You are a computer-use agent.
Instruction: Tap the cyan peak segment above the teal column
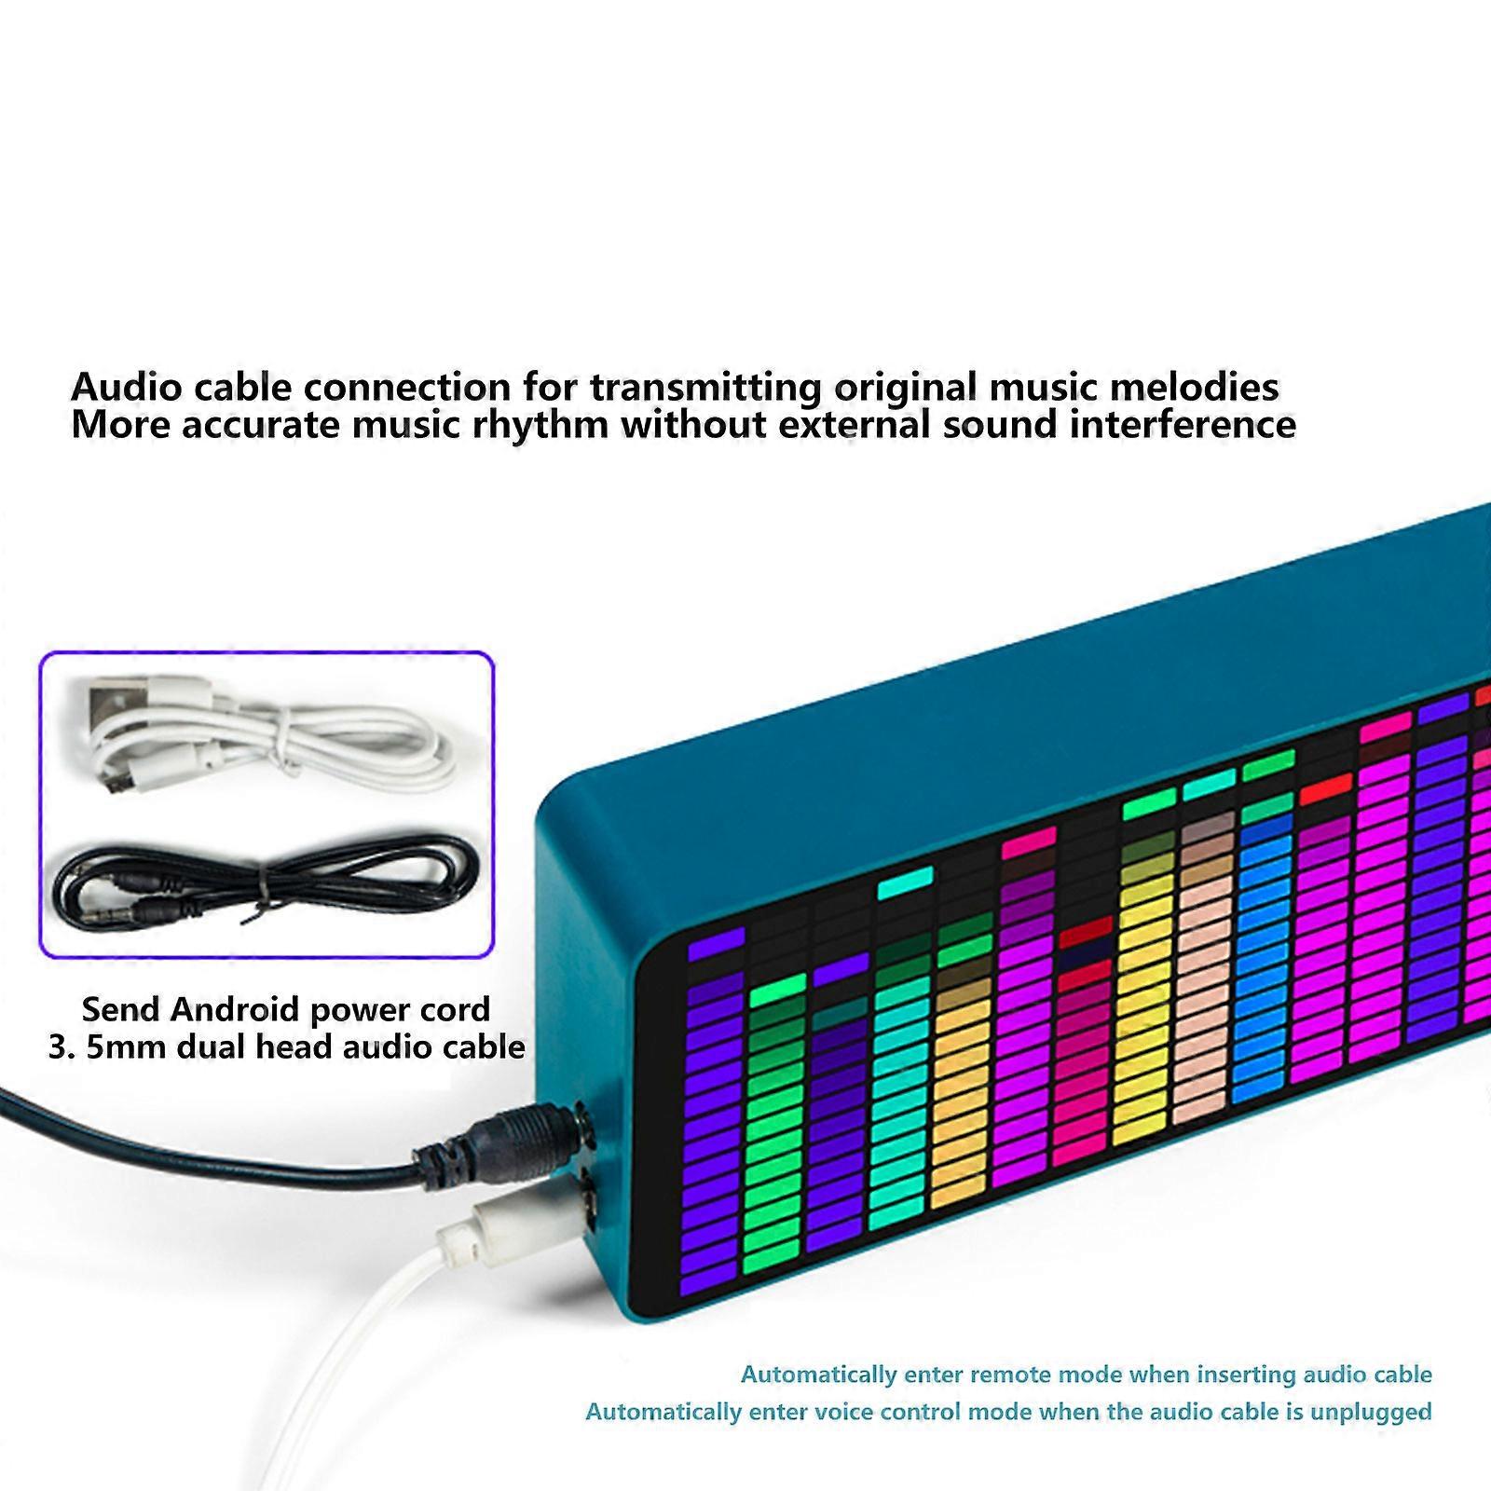904,882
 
